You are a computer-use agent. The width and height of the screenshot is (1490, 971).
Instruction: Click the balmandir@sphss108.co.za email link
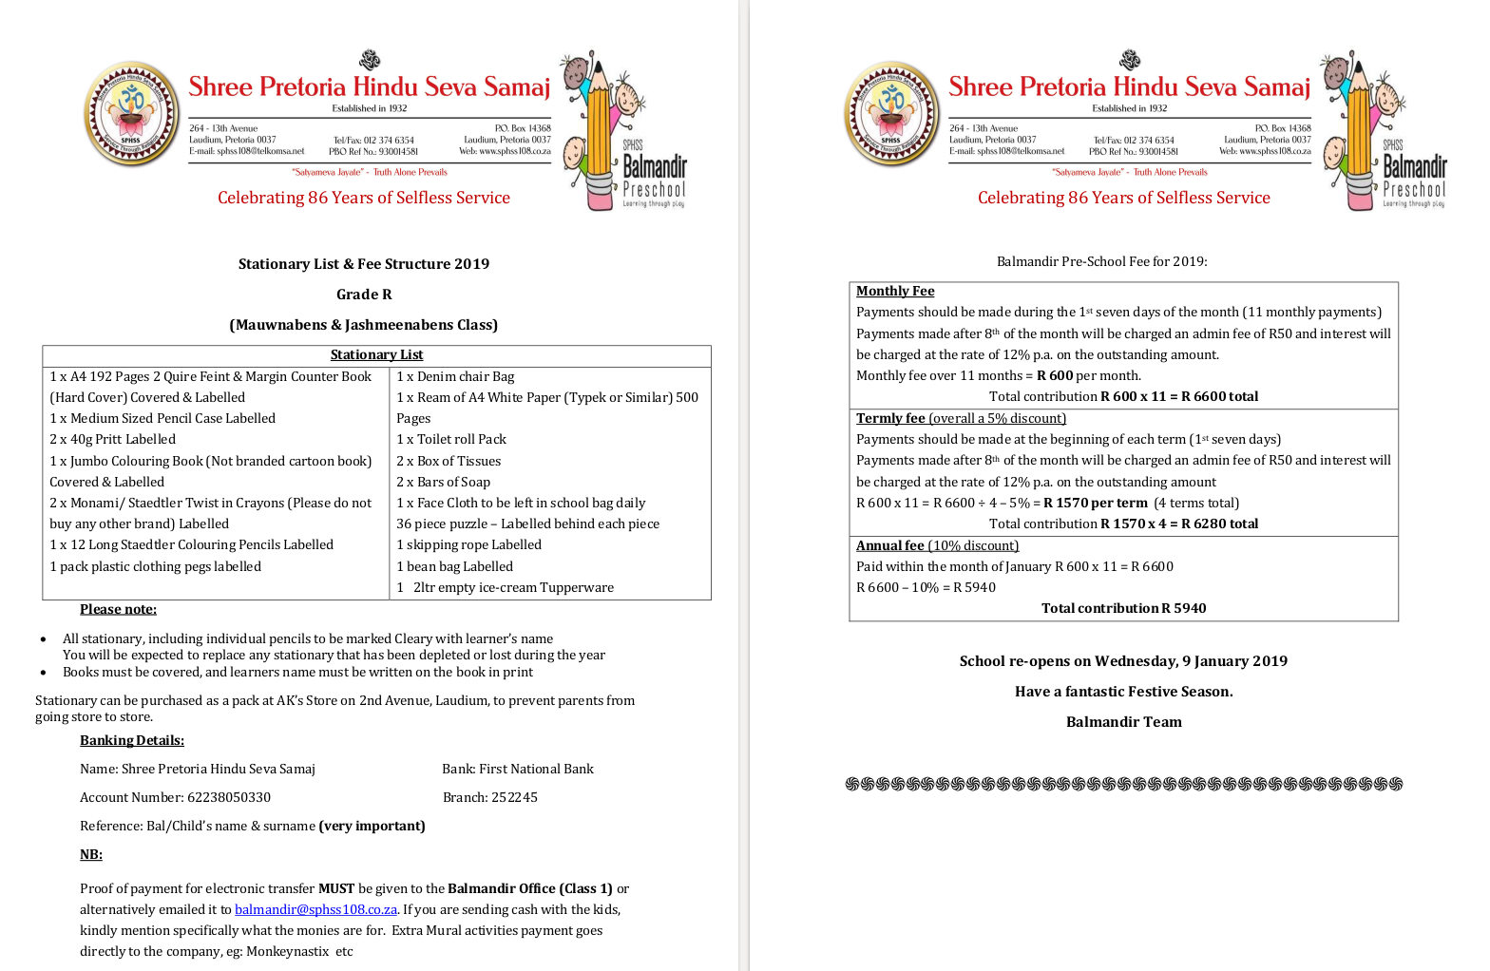click(x=315, y=909)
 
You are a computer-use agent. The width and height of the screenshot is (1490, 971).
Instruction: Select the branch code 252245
click(x=514, y=797)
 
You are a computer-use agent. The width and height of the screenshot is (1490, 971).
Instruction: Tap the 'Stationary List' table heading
click(x=376, y=354)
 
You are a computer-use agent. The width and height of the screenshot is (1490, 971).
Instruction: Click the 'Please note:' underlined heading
click(x=118, y=609)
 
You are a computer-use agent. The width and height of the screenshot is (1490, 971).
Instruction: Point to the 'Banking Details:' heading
click(x=132, y=740)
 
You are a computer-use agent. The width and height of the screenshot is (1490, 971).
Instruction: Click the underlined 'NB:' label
click(x=91, y=854)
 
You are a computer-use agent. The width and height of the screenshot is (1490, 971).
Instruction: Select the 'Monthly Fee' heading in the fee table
click(x=895, y=291)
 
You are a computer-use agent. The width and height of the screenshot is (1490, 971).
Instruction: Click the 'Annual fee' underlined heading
click(x=889, y=545)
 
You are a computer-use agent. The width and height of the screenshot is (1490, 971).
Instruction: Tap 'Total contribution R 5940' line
click(x=1123, y=608)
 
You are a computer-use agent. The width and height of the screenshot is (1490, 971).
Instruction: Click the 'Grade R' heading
click(x=364, y=295)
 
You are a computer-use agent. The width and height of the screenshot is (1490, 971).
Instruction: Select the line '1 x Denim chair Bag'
click(x=455, y=376)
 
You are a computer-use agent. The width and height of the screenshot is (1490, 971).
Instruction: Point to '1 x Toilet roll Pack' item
click(x=451, y=439)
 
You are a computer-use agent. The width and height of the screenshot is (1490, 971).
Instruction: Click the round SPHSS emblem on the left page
click(x=131, y=114)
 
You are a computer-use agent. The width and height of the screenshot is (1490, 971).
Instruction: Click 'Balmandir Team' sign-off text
click(x=1123, y=722)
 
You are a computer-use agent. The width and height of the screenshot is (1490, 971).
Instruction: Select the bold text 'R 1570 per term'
click(x=1095, y=503)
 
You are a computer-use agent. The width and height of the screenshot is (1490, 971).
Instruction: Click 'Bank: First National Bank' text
click(x=517, y=769)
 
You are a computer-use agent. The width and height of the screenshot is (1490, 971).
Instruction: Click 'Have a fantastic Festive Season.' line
click(x=1123, y=692)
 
